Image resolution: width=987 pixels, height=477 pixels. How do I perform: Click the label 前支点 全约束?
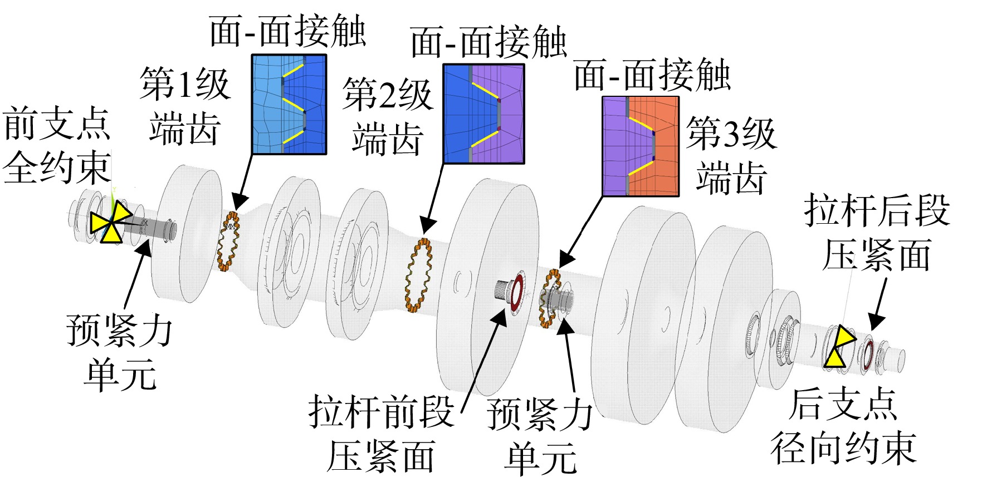[x=56, y=146]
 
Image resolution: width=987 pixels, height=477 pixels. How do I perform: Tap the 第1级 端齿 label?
[x=184, y=106]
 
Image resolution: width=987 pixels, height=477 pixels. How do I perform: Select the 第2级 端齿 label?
[x=388, y=116]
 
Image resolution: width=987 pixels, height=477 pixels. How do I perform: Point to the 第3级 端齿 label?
[x=731, y=155]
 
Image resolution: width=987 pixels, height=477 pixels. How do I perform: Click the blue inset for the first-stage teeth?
[x=289, y=104]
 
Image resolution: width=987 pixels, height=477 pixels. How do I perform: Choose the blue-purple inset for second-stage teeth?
[x=483, y=114]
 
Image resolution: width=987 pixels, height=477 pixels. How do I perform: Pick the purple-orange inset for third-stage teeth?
[x=641, y=146]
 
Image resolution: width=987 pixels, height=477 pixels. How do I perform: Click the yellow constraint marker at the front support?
[x=111, y=223]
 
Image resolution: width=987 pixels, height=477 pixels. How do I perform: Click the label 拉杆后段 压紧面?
[x=877, y=233]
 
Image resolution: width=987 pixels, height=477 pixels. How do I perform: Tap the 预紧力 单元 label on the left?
[x=119, y=352]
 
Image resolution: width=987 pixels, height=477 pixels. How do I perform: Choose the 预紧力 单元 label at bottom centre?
[x=539, y=436]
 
